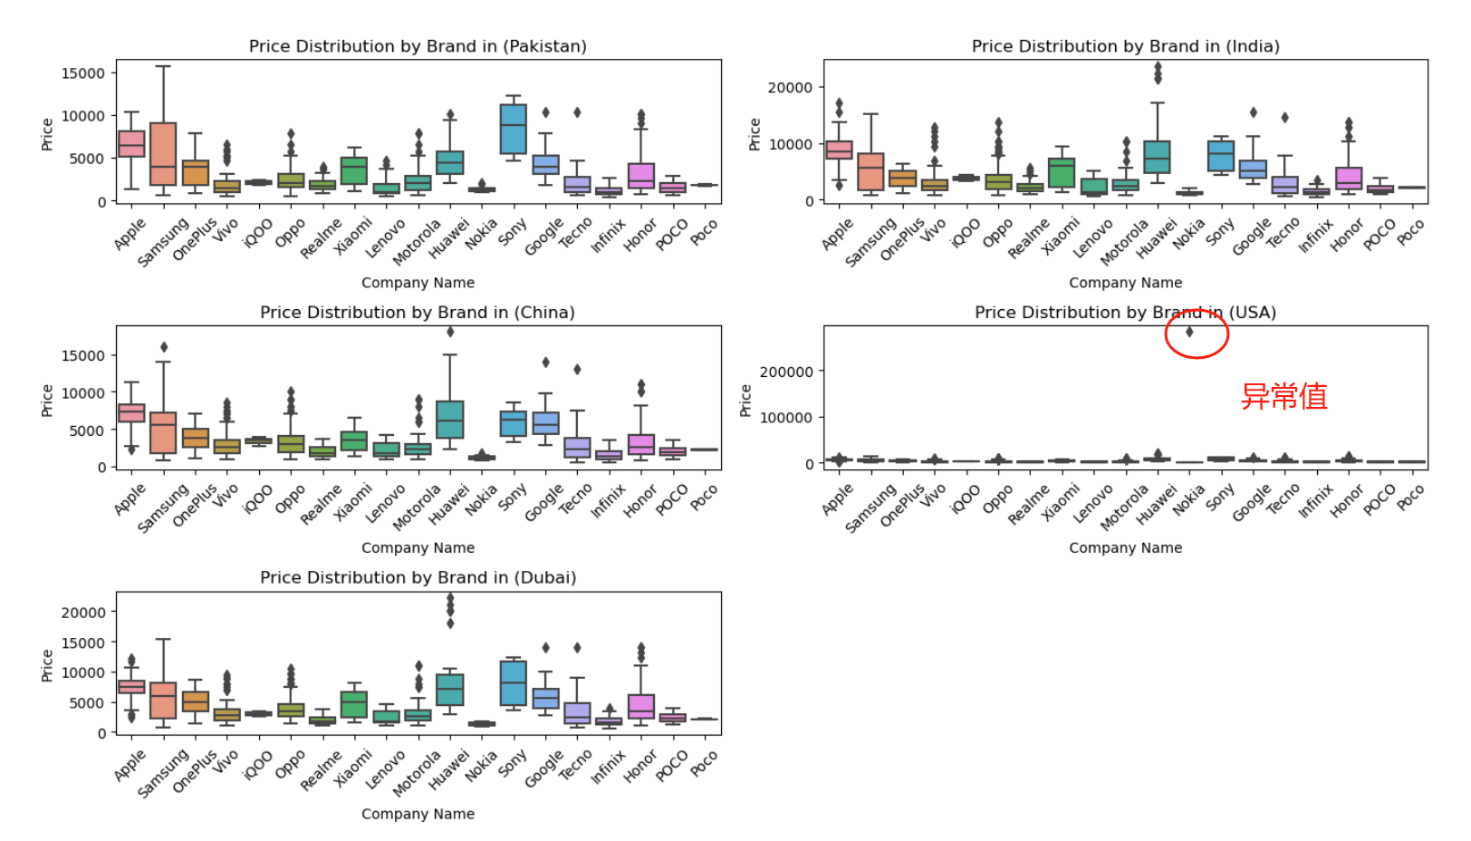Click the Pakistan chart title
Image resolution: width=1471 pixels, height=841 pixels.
coord(418,46)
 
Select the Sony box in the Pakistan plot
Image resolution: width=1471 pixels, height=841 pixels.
coord(514,128)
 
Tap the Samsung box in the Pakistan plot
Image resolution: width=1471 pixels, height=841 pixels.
coord(163,153)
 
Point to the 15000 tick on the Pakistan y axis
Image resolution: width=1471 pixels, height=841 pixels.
coord(82,73)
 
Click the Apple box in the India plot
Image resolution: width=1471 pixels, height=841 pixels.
coord(839,150)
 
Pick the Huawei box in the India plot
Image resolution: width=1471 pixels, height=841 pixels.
coord(1157,157)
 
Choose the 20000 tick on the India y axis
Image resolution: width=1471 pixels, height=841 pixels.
coord(790,88)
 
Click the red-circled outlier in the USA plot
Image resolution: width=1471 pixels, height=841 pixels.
coord(1190,332)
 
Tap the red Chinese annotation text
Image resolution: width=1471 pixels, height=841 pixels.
coord(1284,396)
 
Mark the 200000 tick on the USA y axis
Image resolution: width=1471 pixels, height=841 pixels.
coord(786,372)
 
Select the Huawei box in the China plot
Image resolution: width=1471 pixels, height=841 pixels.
coord(450,420)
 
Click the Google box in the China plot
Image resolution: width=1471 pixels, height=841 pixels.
coord(545,423)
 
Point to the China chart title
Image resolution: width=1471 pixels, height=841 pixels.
coord(418,313)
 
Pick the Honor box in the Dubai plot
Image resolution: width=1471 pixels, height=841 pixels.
coord(641,706)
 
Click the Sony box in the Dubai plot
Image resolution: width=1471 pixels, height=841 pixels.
coord(514,683)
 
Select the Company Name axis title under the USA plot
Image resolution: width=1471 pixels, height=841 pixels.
coord(1125,547)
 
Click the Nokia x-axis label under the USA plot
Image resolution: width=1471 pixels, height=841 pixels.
coord(1189,500)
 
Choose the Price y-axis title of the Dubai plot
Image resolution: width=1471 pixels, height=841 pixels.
coord(47,664)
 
